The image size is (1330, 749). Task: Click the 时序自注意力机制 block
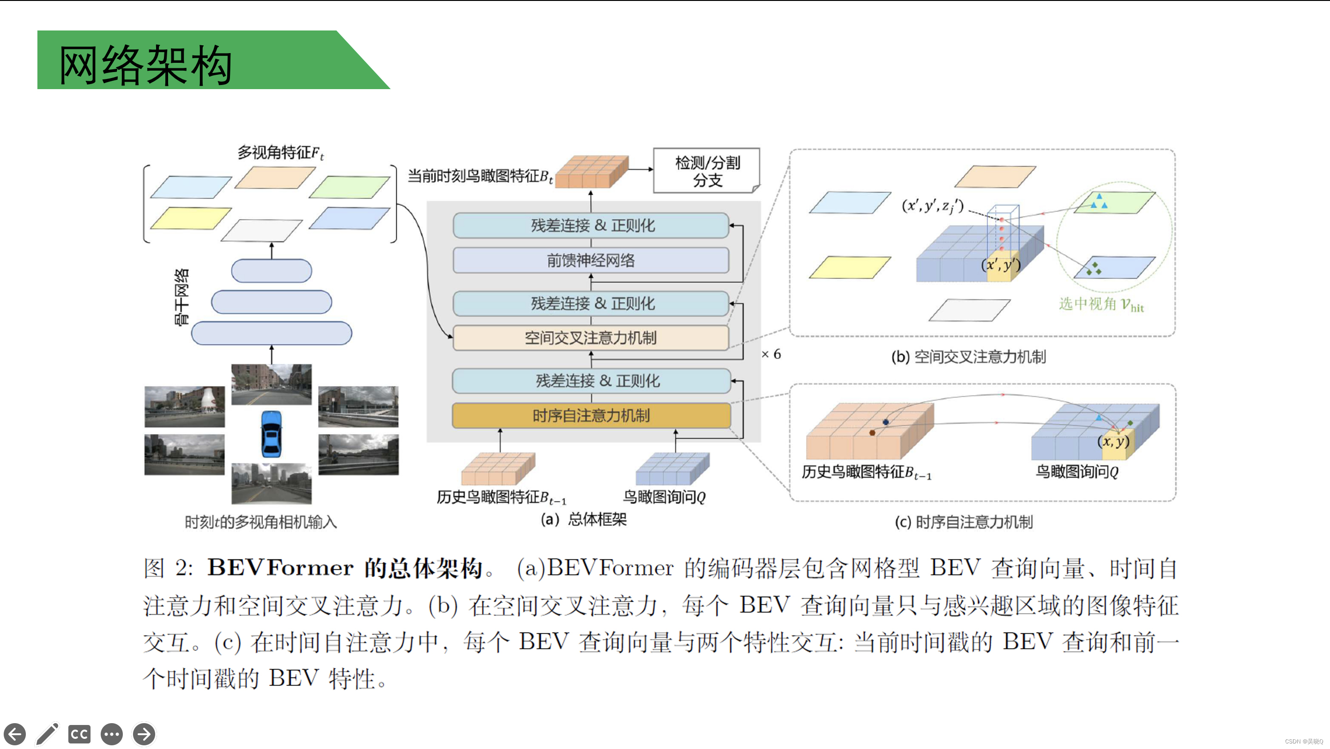591,416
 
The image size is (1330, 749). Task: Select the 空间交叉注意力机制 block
591,338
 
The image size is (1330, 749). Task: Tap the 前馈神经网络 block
591,260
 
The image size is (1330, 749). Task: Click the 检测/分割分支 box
707,171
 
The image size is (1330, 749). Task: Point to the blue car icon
271,434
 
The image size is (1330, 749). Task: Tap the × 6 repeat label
771,354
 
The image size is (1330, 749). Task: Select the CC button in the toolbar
79,733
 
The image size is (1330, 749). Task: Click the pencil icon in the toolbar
48,733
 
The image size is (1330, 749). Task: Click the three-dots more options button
111,733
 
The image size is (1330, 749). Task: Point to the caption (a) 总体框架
583,519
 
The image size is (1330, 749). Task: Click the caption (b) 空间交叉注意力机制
968,356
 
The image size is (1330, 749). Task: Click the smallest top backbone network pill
272,271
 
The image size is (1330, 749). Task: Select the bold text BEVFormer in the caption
280,568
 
